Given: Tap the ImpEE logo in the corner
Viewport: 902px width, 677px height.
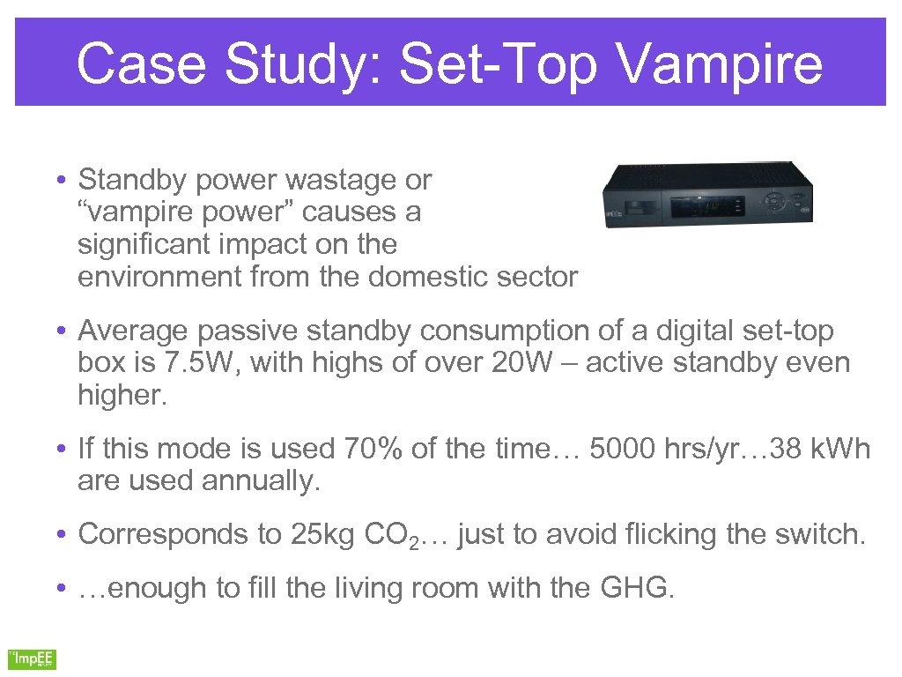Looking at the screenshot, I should point(32,658).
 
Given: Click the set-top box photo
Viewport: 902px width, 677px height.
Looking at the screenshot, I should point(706,195).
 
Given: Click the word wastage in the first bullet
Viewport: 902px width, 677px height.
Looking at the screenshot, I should point(344,180).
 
